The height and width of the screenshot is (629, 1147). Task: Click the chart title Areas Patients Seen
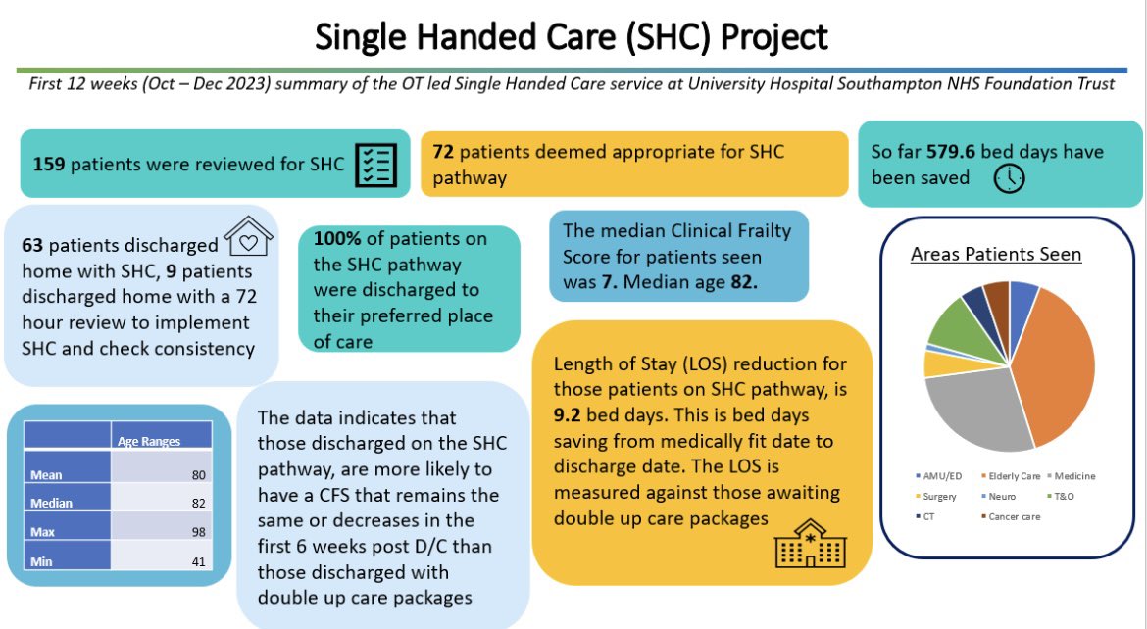[995, 254]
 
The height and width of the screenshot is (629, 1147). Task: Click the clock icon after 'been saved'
[1009, 178]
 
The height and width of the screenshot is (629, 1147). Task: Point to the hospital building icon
[803, 545]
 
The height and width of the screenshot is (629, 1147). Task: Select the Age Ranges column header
[149, 441]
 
